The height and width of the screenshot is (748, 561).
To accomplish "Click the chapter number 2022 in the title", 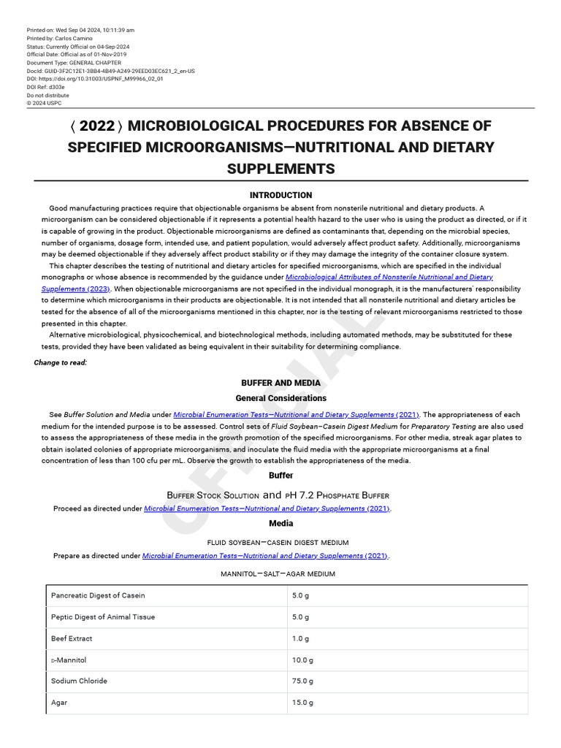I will (97, 126).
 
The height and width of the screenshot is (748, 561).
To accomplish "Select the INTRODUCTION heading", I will (280, 195).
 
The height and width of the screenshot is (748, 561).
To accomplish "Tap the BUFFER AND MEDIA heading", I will (280, 383).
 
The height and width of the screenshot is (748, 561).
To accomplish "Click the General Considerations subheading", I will (280, 398).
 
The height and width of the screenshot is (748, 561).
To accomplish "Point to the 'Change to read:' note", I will (61, 362).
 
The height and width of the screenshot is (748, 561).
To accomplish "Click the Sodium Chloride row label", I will (79, 681).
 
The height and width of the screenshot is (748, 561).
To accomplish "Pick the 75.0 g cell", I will (302, 681).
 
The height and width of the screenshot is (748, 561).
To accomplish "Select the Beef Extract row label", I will (72, 638).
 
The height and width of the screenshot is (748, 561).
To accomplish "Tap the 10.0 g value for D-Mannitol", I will (302, 660).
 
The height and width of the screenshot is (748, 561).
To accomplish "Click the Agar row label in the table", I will (59, 703).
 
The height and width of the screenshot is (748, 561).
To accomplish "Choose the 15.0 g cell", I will (302, 703).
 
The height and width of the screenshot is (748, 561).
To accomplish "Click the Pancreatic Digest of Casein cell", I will (98, 595).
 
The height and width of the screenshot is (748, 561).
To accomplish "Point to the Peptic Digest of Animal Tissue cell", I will (103, 617).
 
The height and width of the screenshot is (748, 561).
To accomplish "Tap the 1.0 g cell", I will (300, 638).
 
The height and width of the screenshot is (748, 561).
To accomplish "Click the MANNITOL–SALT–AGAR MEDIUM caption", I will (278, 574).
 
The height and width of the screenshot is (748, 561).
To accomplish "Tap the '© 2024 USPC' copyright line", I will (45, 103).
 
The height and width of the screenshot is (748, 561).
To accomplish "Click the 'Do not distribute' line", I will (48, 95).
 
